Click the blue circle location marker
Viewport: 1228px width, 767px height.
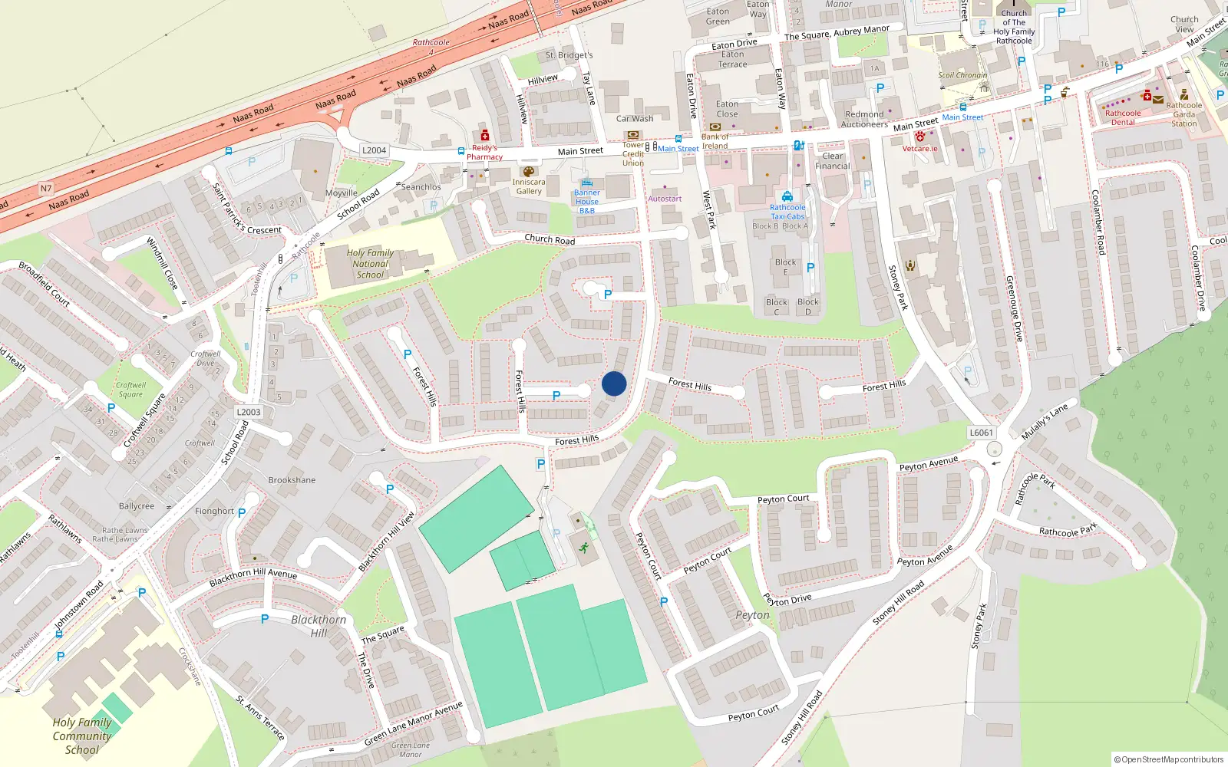[x=614, y=383]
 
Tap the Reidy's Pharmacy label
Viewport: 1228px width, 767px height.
[x=484, y=152]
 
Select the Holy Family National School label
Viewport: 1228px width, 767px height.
[x=370, y=264]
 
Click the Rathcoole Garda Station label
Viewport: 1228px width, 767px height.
[x=1184, y=114]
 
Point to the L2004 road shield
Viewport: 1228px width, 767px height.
[x=375, y=150]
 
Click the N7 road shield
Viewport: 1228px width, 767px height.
[x=46, y=188]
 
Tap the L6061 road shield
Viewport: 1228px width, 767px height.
[x=981, y=433]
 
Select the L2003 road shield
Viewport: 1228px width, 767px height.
[x=248, y=412]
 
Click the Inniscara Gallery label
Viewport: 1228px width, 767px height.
[x=529, y=186]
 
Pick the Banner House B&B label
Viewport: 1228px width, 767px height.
[x=587, y=202]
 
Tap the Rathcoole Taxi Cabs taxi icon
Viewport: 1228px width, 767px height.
[x=787, y=196]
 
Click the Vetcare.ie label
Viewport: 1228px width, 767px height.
[x=919, y=149]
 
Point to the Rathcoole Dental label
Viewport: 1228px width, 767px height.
[x=1123, y=117]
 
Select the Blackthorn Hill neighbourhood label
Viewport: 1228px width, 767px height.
[x=319, y=626]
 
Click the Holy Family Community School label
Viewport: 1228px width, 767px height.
[x=82, y=736]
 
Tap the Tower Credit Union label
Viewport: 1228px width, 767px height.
[x=633, y=153]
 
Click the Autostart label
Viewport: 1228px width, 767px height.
[x=665, y=199]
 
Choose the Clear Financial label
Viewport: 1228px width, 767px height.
[x=833, y=161]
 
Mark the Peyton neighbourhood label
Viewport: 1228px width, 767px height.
[x=752, y=615]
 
